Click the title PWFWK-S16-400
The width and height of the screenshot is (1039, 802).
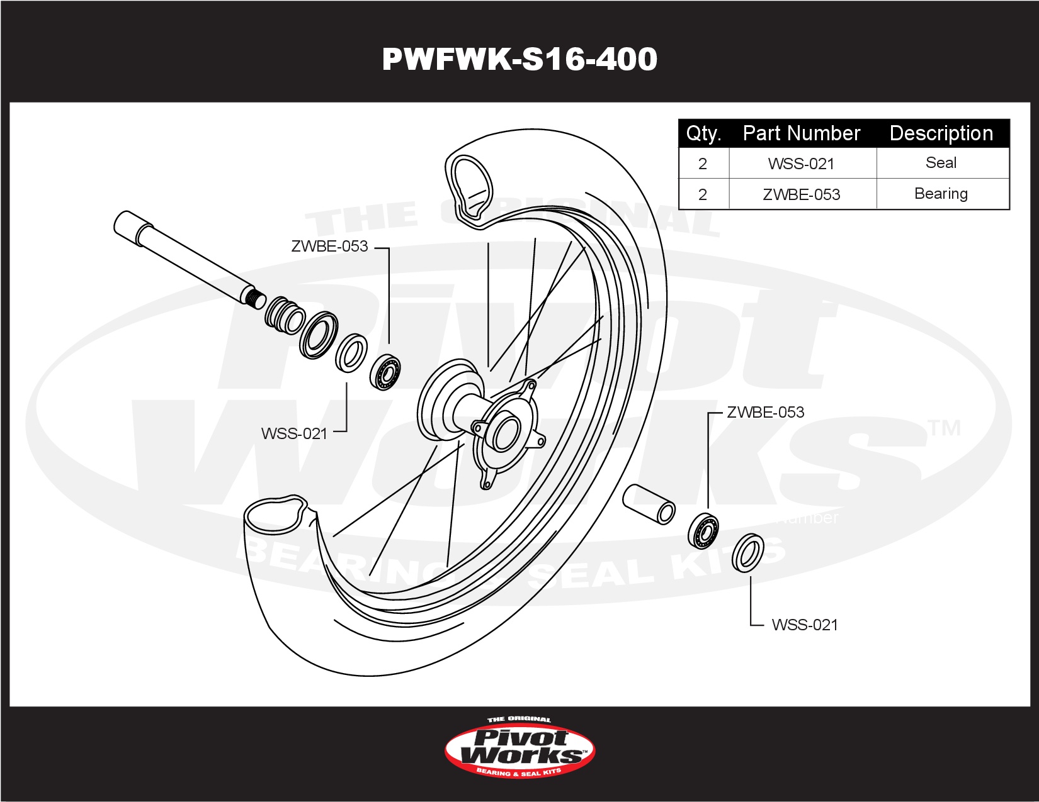click(519, 59)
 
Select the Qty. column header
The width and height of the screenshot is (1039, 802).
click(703, 133)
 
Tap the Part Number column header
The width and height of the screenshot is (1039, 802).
click(802, 133)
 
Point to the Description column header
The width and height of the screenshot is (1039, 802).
click(941, 133)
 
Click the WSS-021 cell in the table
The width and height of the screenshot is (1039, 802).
click(802, 164)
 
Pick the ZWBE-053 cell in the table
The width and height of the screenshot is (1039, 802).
click(802, 194)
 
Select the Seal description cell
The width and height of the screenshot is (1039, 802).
click(941, 163)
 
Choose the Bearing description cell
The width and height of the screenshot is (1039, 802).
click(941, 194)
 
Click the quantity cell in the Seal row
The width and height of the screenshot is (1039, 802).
click(703, 164)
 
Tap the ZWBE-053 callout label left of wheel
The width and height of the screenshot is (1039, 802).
click(329, 247)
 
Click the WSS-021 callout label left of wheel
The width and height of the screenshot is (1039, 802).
click(295, 433)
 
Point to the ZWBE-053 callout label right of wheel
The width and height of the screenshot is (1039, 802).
click(766, 413)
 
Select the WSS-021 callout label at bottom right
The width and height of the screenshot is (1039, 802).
click(805, 625)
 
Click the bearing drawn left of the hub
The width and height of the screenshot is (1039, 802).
click(385, 372)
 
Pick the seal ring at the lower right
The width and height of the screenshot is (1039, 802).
click(749, 554)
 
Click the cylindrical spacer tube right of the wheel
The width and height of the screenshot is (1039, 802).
click(649, 504)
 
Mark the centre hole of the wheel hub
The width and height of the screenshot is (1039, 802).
click(506, 435)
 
